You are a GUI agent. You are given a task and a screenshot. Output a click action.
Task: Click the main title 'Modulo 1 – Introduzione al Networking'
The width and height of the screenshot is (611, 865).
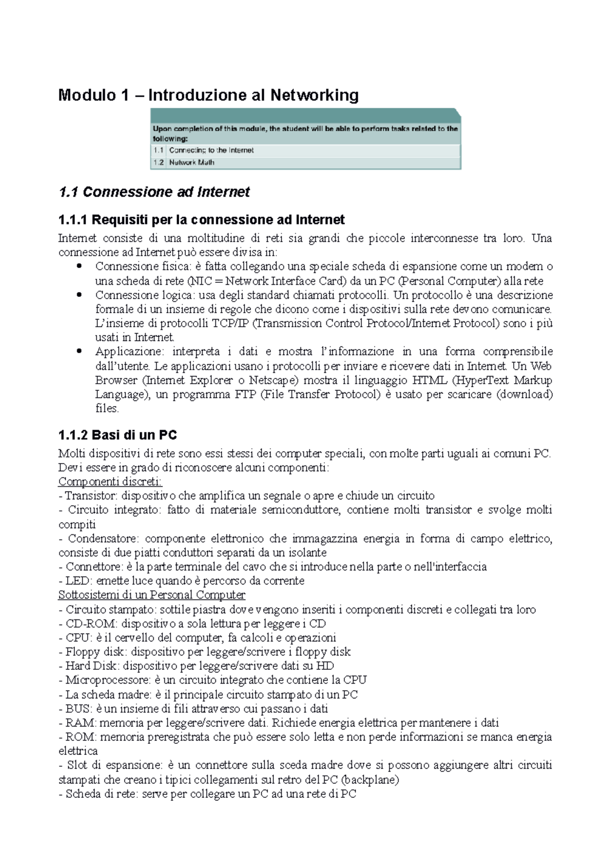click(208, 95)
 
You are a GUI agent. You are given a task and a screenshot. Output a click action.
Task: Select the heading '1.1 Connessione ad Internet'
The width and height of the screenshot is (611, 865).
click(154, 192)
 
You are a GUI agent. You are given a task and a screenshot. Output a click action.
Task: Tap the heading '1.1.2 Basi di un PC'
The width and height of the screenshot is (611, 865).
click(118, 435)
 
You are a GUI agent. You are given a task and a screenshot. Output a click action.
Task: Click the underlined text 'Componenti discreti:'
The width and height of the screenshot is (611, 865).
click(110, 481)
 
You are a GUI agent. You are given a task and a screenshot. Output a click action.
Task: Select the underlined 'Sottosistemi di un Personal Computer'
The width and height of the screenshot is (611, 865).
click(152, 595)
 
